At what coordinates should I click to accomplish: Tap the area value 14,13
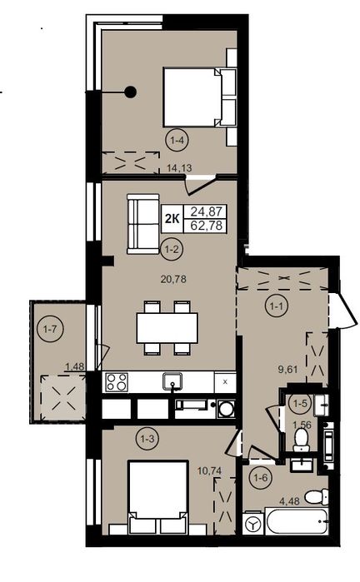[179, 168]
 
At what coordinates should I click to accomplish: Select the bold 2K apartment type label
[172, 219]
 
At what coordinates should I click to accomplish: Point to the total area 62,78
[206, 226]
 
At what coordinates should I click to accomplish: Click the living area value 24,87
[206, 212]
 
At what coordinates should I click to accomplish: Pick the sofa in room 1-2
[143, 224]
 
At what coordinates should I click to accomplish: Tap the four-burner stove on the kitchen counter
[117, 382]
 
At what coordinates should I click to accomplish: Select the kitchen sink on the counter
[172, 381]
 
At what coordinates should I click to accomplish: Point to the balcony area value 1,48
[76, 367]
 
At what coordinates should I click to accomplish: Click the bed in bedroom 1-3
[157, 497]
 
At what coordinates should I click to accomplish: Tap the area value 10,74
[209, 470]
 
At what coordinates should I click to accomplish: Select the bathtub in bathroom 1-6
[297, 521]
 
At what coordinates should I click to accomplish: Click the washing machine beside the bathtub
[253, 524]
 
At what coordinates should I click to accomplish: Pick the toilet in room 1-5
[301, 440]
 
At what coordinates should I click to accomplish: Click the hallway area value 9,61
[289, 370]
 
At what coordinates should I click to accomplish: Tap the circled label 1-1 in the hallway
[276, 306]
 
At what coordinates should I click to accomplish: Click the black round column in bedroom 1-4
[130, 92]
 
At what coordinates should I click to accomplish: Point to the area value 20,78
[173, 279]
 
